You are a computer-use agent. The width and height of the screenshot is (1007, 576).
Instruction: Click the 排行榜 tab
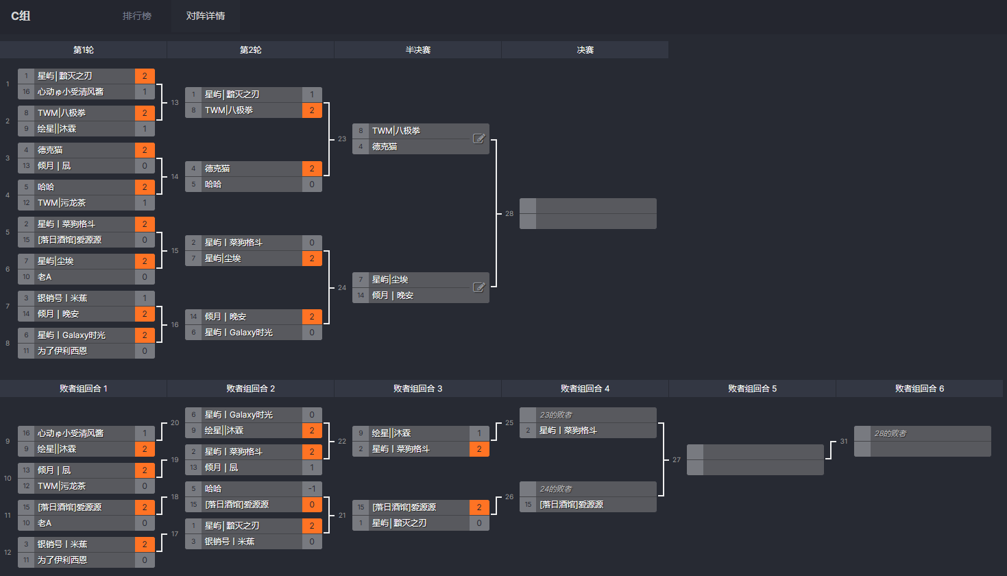coord(136,16)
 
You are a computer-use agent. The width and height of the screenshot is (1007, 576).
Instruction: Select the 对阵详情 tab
coord(206,16)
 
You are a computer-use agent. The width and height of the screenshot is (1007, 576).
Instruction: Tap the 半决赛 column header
coord(418,50)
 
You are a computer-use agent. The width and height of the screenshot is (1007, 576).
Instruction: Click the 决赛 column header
coord(585,50)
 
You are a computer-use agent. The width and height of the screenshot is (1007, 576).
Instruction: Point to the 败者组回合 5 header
coord(752,389)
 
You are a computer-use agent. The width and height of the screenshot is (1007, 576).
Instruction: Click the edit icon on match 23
coord(478,139)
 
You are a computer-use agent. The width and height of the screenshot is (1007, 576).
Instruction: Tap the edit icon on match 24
coord(478,287)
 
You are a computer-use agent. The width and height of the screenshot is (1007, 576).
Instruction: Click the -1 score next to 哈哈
coord(311,489)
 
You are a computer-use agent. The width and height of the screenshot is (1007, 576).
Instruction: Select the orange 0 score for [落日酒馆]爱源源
coord(311,505)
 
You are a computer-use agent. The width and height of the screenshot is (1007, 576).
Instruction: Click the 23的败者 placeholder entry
coord(556,415)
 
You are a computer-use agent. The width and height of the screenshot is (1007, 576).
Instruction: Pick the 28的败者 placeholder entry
coord(890,433)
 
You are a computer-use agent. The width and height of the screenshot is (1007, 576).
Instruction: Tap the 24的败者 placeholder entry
coord(556,489)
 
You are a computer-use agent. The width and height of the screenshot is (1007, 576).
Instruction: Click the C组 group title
coord(21,16)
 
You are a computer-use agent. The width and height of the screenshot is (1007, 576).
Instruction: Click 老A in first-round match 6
coord(45,277)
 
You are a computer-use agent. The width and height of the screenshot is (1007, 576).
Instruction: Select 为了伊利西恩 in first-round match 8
coord(62,350)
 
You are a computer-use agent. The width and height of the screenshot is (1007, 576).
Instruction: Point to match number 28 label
coord(509,213)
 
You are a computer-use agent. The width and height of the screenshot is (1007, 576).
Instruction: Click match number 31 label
coord(843,442)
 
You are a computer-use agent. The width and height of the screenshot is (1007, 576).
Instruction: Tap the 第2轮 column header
coord(250,50)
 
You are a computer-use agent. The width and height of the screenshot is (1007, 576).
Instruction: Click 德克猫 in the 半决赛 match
coord(385,147)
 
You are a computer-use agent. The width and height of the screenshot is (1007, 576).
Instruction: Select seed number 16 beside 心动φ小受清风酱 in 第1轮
coord(26,92)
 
